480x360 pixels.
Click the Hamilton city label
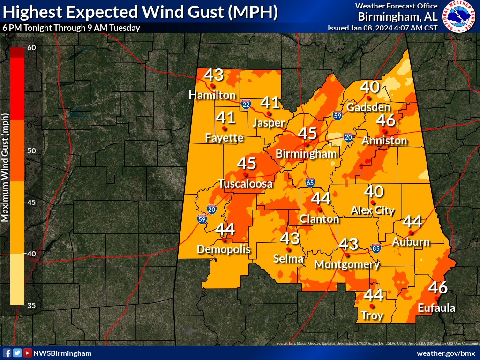pos(212,95)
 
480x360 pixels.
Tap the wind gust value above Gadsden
pos(369,87)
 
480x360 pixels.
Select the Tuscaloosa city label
pos(245,184)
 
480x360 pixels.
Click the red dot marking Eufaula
pos(436,298)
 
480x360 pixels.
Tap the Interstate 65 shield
pos(310,183)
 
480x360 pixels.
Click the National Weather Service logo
pos(459,17)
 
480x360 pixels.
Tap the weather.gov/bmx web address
pos(445,353)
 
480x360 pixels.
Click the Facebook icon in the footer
pos(7,353)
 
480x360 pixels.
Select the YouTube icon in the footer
pos(28,353)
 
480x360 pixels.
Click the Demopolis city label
pos(224,249)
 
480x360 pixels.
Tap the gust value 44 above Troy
pos(374,295)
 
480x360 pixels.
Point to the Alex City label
pos(373,210)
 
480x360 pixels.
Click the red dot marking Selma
pos(288,249)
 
